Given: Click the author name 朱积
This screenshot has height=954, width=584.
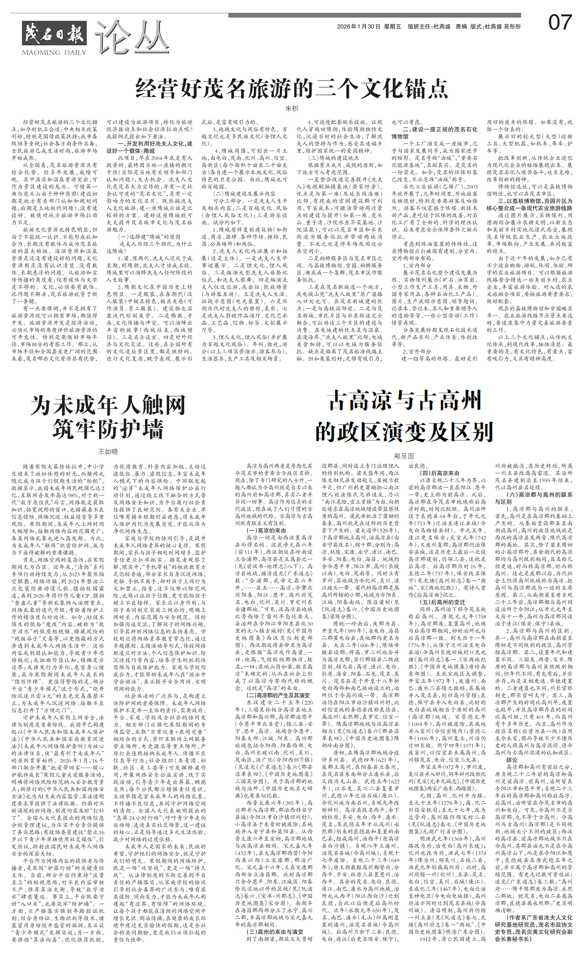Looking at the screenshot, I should [x=292, y=109].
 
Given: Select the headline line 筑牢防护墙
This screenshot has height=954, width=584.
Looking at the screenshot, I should [x=108, y=428].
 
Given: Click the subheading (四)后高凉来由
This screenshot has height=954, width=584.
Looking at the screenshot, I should [x=439, y=473].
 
